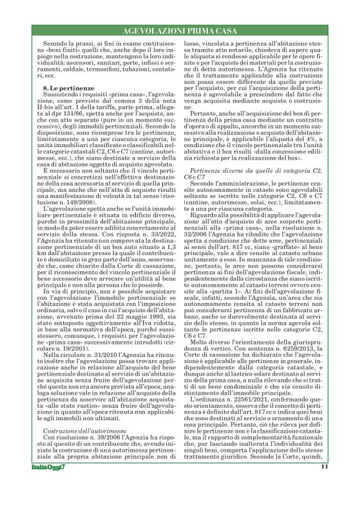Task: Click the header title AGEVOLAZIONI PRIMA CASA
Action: (180, 30)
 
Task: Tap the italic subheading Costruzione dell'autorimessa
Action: (78, 395)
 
